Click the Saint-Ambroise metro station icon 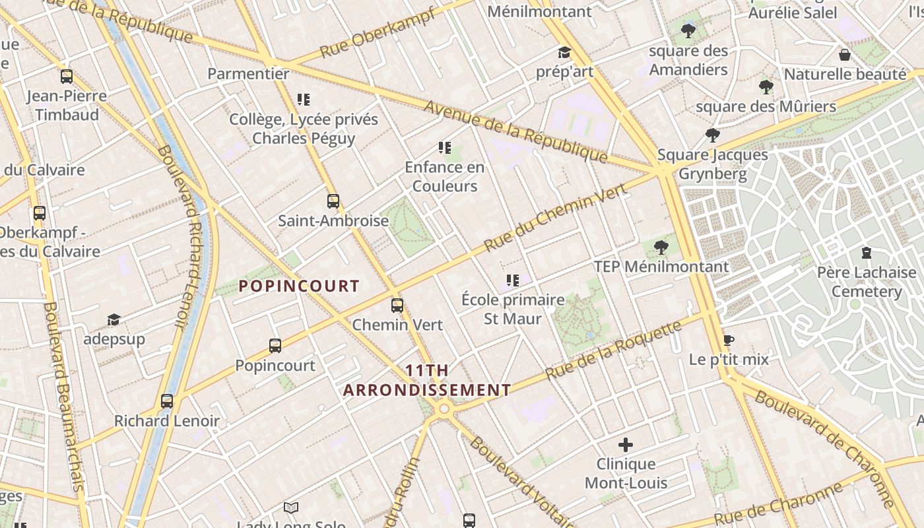coord(333,201)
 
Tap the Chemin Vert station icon coord(397,306)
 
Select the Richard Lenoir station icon coord(167,401)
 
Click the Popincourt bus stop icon coord(275,346)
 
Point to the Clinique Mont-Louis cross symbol coord(625,445)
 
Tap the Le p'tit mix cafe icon coord(728,340)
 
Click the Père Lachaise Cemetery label coord(866,282)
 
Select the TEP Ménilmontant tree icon coord(661,247)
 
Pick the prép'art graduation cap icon coord(564,53)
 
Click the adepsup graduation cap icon coord(114,320)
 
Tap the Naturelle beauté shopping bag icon coord(844,55)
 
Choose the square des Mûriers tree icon coord(766,86)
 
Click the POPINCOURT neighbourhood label coord(299,286)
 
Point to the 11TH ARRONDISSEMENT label coord(427,380)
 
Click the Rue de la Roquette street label coord(614,350)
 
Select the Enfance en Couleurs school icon coord(445,148)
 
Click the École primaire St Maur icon coord(513,280)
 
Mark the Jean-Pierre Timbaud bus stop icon coord(67,77)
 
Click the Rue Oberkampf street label coord(378,33)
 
